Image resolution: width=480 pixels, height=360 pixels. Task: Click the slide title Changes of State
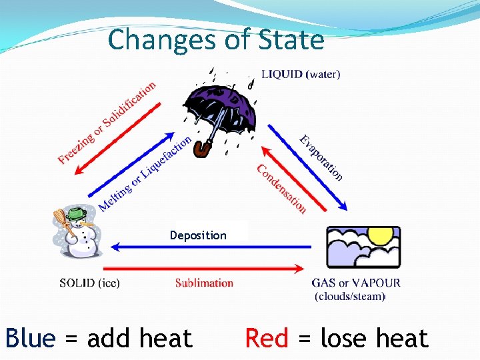(216, 40)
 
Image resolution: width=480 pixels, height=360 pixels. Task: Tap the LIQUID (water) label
(300, 75)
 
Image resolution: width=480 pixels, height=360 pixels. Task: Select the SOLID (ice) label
(89, 283)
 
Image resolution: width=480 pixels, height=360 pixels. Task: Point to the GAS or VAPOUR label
(356, 283)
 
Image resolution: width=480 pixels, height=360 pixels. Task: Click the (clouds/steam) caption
(350, 296)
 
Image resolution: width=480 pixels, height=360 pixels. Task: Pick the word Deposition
(198, 235)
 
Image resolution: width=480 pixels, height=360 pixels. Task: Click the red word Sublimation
(204, 283)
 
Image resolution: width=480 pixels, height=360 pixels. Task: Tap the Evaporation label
(321, 158)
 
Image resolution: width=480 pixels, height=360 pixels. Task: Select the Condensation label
(281, 189)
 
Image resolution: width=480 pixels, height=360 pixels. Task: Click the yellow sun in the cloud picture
(381, 235)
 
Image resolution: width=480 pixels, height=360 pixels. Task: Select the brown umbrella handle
(201, 150)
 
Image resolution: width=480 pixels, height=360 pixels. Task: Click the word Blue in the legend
(30, 339)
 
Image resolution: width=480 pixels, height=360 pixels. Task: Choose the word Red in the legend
(267, 339)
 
